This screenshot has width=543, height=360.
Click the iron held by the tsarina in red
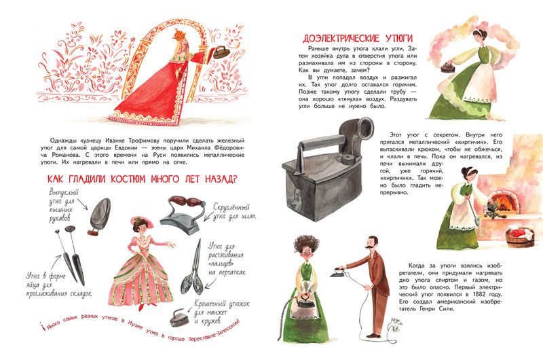[x=219, y=52]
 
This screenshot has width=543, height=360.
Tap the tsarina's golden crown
[x=179, y=34]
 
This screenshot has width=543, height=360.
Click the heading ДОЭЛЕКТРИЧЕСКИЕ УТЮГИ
[x=358, y=38]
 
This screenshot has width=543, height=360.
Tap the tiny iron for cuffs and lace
[x=179, y=318]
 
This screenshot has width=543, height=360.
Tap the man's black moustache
[x=369, y=247]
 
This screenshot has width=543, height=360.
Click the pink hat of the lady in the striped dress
[x=139, y=220]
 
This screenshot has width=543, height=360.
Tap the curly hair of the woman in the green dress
[x=307, y=245]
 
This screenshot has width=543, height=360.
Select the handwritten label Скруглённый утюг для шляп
[x=234, y=212]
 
